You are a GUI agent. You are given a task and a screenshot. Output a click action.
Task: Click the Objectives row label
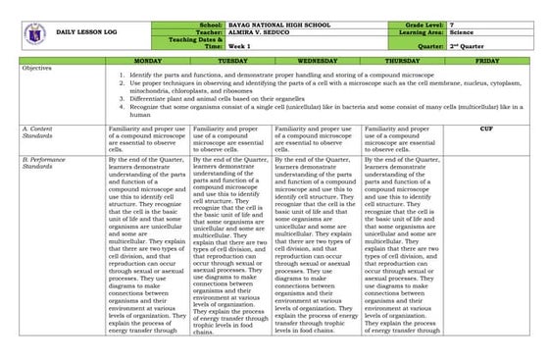pyautogui.click(x=36, y=69)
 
